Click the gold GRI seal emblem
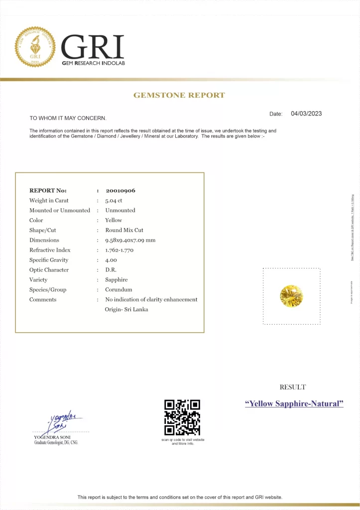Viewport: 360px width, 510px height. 35,47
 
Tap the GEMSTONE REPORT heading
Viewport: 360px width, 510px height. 179,95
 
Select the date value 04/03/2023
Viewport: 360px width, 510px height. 306,114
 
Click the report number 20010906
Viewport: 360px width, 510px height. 120,190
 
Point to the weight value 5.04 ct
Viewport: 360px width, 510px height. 114,200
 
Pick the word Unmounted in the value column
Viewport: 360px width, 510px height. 120,210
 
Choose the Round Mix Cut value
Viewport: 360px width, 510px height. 124,230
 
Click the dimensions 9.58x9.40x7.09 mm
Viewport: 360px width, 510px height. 130,240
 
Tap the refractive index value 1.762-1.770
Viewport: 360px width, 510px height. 119,250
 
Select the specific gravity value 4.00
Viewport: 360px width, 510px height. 111,260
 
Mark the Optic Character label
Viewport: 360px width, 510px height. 49,270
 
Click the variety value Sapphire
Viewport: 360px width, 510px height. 116,280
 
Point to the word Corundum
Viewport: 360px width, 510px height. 119,290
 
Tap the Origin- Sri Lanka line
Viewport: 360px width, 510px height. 126,309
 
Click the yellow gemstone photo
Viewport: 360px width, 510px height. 291,296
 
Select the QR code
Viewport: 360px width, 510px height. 182,417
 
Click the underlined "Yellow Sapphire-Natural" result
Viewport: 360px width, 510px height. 294,403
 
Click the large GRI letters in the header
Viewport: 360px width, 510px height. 93,47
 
